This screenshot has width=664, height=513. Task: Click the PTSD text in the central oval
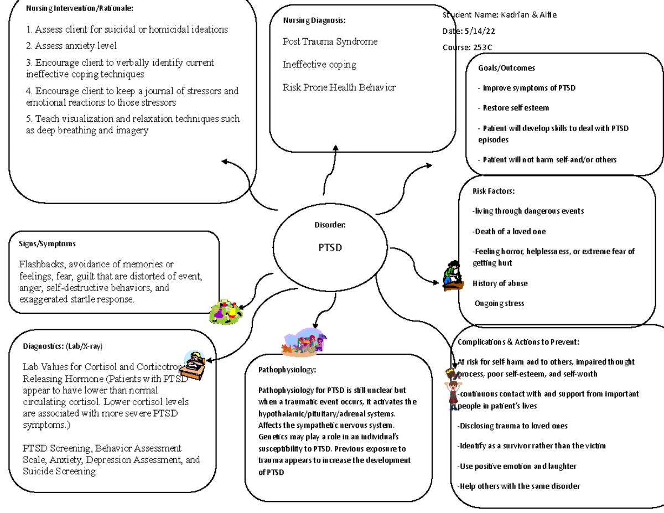coord(330,247)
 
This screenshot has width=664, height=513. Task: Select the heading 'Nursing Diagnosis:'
coord(314,20)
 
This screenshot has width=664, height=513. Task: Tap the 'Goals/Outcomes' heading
coord(506,68)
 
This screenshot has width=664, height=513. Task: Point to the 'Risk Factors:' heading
coord(494,191)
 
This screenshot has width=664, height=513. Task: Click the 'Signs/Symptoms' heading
coord(47,243)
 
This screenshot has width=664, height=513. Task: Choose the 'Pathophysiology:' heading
coord(287,370)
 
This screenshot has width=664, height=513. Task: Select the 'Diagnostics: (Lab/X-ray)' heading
coord(63,346)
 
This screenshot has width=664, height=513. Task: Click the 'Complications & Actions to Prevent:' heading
coord(518,342)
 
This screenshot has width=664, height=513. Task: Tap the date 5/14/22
coord(480,31)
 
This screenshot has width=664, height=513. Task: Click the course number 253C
coord(483,48)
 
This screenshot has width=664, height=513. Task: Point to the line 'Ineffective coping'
coord(319,65)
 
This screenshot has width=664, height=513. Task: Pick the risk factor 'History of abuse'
coord(500,283)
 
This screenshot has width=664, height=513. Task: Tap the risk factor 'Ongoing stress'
coord(499,303)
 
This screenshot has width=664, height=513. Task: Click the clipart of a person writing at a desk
coord(193,365)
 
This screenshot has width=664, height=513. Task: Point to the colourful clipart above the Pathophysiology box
coord(304,342)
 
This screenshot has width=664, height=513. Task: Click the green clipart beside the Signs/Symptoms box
coord(226,312)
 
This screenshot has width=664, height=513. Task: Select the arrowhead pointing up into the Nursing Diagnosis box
coord(335,148)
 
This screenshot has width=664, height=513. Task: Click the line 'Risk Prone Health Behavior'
coord(339,87)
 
